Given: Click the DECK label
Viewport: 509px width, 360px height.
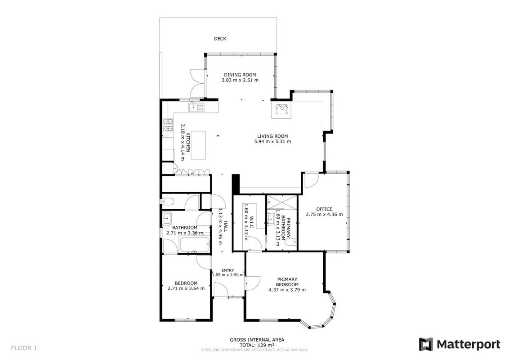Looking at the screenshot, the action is pos(220,39).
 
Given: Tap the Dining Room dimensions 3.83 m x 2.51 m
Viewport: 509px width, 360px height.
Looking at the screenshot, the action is pos(240,80).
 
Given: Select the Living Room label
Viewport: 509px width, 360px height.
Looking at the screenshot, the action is pos(272,136).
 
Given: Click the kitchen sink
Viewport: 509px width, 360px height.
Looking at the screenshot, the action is pos(196,107).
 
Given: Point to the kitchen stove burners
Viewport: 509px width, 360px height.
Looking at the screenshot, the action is pos(168,125).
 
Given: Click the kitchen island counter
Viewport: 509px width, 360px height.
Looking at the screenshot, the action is pos(198,145).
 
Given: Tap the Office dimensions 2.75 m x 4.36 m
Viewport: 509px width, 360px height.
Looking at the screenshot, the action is pos(324,215).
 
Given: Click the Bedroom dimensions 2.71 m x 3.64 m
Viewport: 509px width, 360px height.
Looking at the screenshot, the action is pos(186,288).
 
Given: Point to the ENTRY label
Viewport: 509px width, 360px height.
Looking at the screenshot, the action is pos(228,270).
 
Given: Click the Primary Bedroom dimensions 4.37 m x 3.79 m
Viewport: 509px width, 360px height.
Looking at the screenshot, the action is pos(287,290).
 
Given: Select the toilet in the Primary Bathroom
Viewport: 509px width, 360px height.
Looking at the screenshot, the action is pos(291,242).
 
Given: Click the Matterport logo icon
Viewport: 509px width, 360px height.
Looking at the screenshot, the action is pos(425,344).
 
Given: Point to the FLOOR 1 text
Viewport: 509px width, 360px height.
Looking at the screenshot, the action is pos(24,348).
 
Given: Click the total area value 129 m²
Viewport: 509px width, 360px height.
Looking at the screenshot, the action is pos(266,345).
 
